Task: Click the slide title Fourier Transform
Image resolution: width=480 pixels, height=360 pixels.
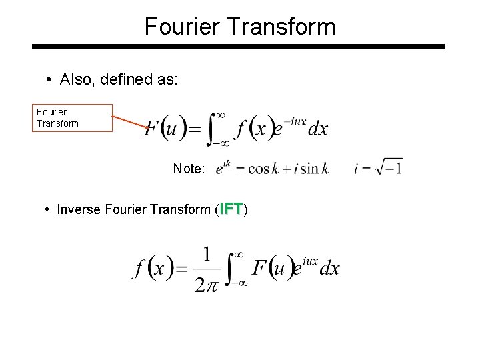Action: (240, 27)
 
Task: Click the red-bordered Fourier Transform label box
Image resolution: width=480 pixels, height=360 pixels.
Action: (73, 118)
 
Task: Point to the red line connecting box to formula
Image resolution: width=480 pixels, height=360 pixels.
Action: (130, 122)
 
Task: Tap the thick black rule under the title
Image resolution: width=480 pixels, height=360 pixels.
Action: (238, 47)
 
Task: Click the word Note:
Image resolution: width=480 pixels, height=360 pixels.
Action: (189, 169)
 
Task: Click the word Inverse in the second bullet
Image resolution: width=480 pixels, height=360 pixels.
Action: (78, 210)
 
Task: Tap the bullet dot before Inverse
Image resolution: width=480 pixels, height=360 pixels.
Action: (47, 210)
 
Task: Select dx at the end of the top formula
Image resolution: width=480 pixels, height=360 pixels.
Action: (317, 129)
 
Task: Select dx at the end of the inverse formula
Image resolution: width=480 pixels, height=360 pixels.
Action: (329, 269)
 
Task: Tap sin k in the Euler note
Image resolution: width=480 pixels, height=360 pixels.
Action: (314, 169)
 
